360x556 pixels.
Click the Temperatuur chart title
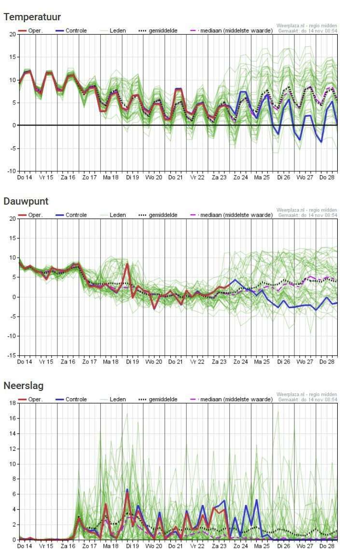click(x=32, y=17)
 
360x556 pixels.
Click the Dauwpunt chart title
click(x=26, y=201)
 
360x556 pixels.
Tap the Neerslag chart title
click(x=24, y=386)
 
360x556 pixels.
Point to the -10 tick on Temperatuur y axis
click(x=11, y=171)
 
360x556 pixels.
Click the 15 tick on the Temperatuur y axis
click(x=13, y=57)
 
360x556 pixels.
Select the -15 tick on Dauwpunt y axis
click(x=11, y=356)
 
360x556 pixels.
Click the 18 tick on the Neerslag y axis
click(x=13, y=403)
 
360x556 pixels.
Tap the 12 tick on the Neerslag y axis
click(x=13, y=449)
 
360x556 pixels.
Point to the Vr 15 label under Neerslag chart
click(x=46, y=546)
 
